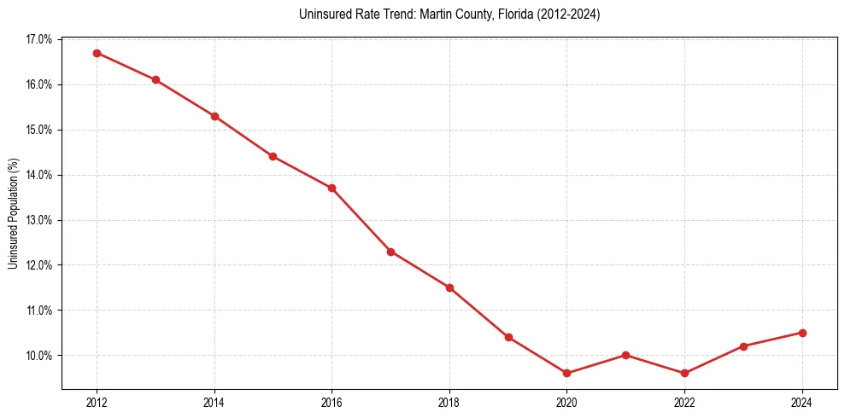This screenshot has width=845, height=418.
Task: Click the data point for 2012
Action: point(97,53)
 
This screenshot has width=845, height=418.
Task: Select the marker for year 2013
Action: point(156,80)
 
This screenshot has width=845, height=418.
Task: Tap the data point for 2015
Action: point(273,156)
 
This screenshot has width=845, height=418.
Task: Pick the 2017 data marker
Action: point(390,252)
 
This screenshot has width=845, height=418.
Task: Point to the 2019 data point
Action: point(508,337)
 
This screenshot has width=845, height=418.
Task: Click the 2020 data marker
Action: point(567,373)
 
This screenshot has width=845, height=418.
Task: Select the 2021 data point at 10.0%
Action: point(626,355)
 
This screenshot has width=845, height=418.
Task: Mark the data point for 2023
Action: point(743,346)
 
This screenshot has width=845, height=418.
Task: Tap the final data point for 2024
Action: point(802,333)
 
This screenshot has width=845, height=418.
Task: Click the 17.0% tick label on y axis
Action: point(39,40)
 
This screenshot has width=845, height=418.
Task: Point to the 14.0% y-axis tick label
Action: point(39,175)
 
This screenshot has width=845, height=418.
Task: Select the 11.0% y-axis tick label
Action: point(39,311)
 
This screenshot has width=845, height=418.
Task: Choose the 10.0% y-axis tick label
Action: point(39,356)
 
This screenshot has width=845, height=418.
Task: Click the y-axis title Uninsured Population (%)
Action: point(13,213)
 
